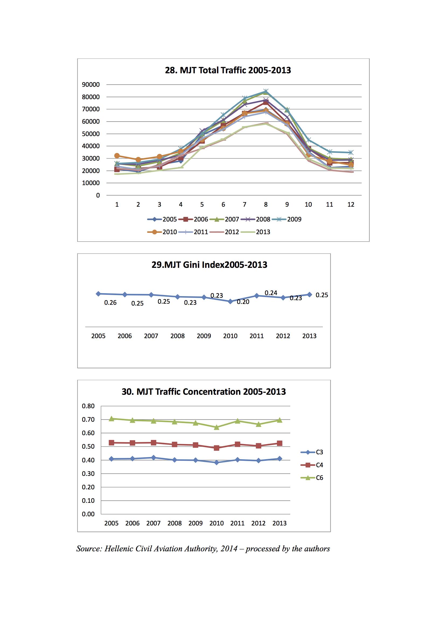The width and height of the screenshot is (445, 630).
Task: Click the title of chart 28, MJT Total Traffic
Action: (228, 70)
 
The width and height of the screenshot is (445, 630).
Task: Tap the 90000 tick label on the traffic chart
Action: (91, 85)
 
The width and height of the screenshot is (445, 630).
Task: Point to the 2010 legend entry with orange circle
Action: (162, 232)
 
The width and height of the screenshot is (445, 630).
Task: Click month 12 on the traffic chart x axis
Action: (351, 205)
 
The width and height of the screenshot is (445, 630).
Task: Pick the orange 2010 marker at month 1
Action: (117, 155)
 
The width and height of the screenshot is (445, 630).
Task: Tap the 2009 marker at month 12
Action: (351, 153)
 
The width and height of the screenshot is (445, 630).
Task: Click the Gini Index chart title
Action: (209, 265)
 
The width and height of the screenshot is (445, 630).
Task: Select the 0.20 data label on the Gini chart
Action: (243, 302)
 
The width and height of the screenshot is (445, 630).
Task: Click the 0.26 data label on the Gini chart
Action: (110, 303)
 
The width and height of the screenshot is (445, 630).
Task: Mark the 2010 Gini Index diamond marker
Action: (231, 302)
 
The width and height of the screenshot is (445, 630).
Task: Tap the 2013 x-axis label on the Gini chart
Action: (309, 336)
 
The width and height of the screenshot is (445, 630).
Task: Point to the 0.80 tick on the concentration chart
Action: (88, 406)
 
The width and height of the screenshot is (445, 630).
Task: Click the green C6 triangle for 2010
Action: (217, 427)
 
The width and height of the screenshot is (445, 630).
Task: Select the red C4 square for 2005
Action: (112, 443)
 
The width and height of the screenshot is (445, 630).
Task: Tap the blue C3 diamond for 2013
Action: (280, 459)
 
